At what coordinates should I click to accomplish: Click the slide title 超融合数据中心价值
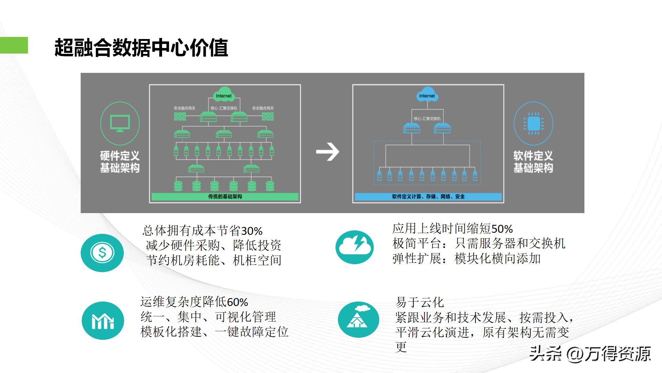coord(141,48)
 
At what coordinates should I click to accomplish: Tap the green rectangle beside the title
coord(14,45)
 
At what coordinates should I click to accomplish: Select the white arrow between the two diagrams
coord(328,152)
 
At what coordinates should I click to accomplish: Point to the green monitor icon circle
coord(120,123)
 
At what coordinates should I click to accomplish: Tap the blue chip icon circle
coord(533,123)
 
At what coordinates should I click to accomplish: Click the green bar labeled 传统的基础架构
coord(225,197)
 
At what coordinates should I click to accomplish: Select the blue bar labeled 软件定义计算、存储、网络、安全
coord(428,197)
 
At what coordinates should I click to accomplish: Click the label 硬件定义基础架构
coord(120,162)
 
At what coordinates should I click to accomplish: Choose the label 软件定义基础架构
coord(533,162)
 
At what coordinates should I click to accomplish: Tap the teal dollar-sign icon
coord(102,253)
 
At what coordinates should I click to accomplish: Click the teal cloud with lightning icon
coord(354,247)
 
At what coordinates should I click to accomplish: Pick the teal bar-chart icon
coord(103,321)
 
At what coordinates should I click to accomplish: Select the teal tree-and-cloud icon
coord(358,319)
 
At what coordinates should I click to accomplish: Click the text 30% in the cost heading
coord(252,231)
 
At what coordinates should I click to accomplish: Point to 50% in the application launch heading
coord(502,229)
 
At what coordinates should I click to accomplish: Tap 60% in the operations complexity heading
coord(237,302)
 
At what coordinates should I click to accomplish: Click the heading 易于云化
coord(420,303)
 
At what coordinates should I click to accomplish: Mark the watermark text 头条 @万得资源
coord(590,354)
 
